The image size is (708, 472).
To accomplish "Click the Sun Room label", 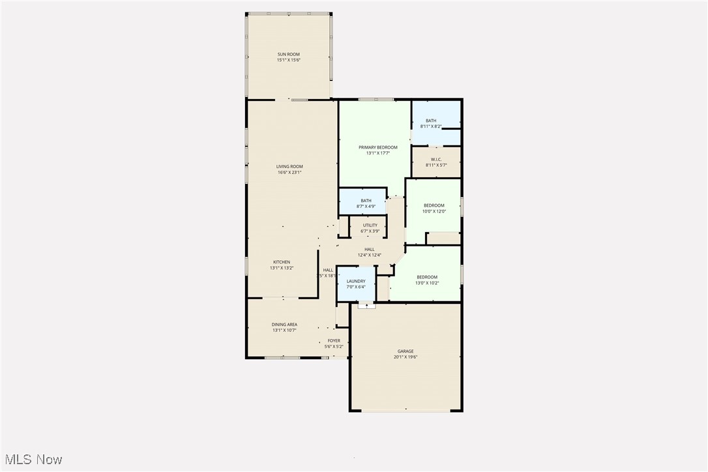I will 289,54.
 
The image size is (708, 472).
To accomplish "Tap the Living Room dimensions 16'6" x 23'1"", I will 289,173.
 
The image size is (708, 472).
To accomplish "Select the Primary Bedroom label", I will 377,147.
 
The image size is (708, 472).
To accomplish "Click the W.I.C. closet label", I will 436,159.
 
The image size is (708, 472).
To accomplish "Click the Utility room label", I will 370,226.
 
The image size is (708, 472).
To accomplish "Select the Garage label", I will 406,351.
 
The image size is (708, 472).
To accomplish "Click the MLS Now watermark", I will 32,460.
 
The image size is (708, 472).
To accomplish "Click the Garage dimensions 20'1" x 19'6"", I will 406,357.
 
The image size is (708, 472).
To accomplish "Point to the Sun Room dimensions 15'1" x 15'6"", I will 289,60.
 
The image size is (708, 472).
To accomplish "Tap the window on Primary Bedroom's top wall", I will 376,100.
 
